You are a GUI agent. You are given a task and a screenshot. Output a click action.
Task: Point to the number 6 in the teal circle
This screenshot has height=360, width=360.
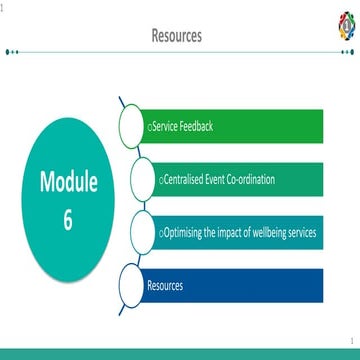tap(68, 221)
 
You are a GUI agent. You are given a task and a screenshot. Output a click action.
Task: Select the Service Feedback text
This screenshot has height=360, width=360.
tap(180, 127)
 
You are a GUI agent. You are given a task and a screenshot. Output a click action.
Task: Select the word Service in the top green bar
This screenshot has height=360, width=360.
tap(164, 127)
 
